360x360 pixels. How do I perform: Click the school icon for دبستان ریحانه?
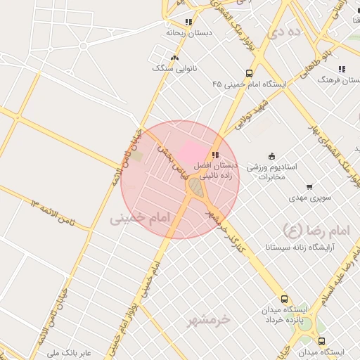pos(188,22)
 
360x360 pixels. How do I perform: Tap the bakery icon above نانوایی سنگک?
pos(174,58)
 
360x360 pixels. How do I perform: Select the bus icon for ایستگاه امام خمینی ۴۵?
pos(249,73)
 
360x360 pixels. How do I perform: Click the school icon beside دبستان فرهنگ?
pos(341,69)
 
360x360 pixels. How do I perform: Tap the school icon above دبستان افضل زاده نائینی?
pos(215,155)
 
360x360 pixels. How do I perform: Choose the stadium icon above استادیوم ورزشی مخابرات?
pos(272,156)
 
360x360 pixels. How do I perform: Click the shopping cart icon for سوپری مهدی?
pos(310,187)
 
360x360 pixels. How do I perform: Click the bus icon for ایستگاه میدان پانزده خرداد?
pos(284,299)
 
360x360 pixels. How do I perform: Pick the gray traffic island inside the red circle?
pos(195,188)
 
